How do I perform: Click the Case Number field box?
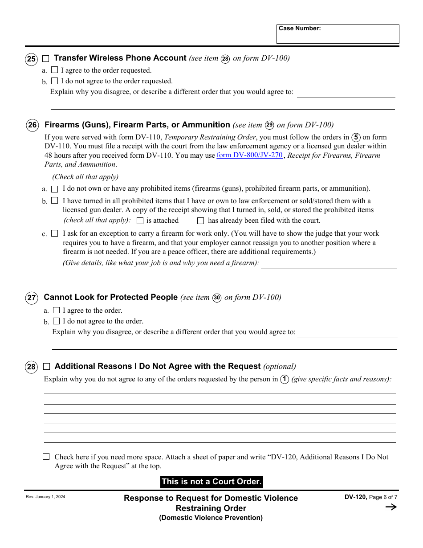click(338, 34)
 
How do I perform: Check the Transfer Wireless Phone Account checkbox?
click(46, 58)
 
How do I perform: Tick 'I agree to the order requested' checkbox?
click(54, 70)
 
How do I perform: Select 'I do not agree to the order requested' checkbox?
click(54, 81)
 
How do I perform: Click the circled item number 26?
click(33, 125)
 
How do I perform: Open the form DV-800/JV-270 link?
click(249, 155)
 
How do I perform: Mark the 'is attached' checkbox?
click(140, 221)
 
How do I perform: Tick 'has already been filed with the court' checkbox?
click(200, 221)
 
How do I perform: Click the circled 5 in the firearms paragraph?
click(356, 137)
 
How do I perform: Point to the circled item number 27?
click(32, 298)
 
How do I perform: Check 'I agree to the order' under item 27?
click(56, 310)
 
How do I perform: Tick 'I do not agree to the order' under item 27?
click(56, 321)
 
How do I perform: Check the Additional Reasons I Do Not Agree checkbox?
click(46, 367)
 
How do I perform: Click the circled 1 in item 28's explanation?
click(284, 379)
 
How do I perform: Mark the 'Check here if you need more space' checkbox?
click(46, 457)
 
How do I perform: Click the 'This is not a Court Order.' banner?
click(211, 482)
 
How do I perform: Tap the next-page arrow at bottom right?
click(390, 507)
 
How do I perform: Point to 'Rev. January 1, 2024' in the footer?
click(45, 497)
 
